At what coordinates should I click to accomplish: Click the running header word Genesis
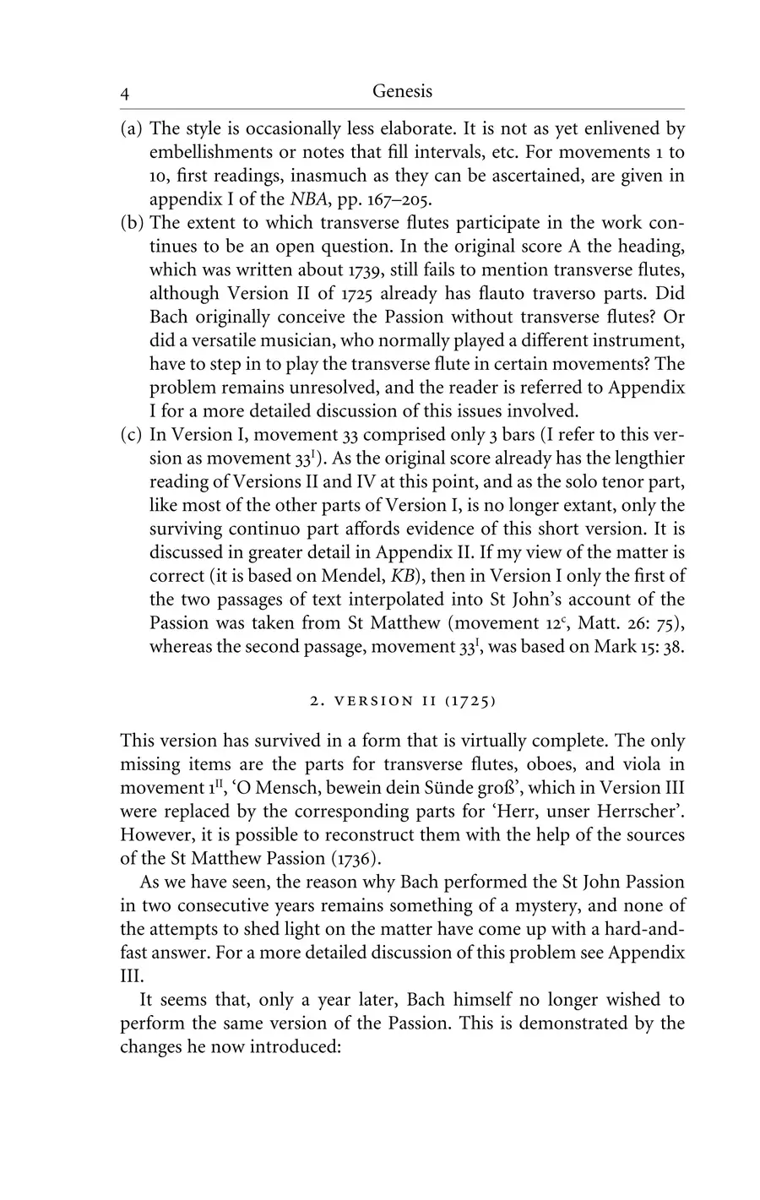point(402,91)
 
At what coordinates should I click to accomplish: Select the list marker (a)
point(131,130)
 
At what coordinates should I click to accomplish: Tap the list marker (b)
point(131,224)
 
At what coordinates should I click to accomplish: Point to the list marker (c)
point(131,435)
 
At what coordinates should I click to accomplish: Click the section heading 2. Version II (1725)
point(402,700)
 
